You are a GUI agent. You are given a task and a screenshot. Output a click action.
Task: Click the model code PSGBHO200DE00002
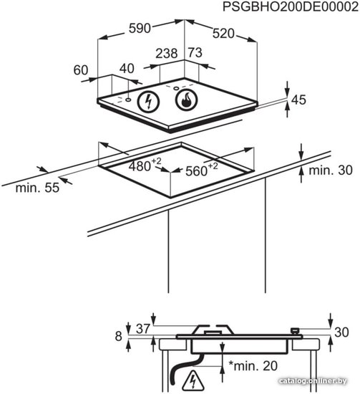(291, 6)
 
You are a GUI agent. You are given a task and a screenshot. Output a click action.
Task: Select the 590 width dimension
(140, 28)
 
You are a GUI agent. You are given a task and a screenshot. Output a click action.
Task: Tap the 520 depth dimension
(223, 34)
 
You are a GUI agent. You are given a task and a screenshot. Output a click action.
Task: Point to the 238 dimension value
(167, 53)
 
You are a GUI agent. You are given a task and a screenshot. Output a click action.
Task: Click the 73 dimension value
(195, 52)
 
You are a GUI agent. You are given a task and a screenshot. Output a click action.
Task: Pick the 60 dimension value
(81, 70)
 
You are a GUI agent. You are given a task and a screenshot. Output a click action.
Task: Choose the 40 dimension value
(127, 68)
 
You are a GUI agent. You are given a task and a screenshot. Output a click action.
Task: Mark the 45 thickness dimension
(298, 100)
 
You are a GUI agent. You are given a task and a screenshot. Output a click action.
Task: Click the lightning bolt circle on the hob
(148, 101)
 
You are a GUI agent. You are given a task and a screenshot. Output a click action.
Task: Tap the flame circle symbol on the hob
(186, 100)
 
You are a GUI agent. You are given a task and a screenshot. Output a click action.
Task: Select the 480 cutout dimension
(145, 165)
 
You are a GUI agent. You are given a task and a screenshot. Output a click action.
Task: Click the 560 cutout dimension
(201, 170)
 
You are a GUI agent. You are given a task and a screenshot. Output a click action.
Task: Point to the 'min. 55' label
(37, 188)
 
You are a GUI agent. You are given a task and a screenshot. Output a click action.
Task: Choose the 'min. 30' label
(331, 170)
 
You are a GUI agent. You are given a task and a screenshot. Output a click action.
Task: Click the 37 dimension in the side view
(143, 329)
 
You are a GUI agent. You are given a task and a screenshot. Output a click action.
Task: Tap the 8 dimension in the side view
(119, 336)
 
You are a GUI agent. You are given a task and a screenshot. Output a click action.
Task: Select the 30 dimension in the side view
(341, 332)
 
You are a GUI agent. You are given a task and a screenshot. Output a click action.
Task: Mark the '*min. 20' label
(253, 366)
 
